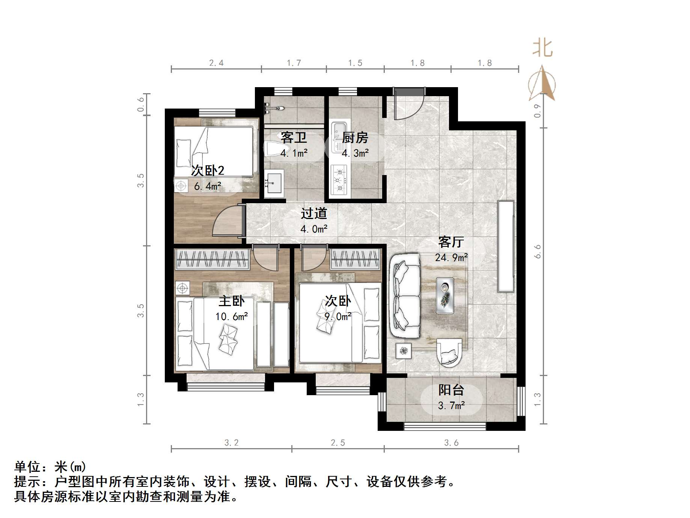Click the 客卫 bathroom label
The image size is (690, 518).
coord(294,137)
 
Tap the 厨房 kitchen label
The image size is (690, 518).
coord(355,138)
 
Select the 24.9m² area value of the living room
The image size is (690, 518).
coord(451,258)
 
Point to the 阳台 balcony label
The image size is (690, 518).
coord(451,390)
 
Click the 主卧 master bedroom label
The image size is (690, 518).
coord(232,301)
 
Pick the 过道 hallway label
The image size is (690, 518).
coord(314,214)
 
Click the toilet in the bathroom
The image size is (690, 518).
coord(271,149)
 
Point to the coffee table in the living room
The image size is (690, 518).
coord(445,296)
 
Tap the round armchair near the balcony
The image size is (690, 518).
coord(449,352)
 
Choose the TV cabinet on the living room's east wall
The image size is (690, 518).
coord(505,246)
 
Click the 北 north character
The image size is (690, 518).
coord(543,48)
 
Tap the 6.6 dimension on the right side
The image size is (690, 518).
coord(538,251)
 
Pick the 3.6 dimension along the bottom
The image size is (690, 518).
coord(451,443)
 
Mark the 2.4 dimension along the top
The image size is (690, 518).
coord(216,63)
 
